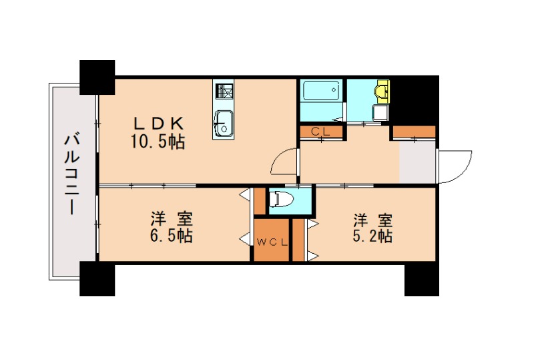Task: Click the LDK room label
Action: (159, 124)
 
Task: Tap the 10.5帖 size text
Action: (158, 142)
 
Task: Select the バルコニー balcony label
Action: (72, 174)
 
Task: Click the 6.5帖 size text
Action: (172, 235)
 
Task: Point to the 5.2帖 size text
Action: (372, 236)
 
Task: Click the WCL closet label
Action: (272, 242)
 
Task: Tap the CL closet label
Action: (321, 132)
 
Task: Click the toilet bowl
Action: (280, 199)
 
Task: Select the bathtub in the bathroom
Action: (322, 90)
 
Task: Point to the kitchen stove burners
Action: (224, 91)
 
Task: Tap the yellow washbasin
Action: (381, 90)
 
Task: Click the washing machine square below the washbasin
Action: (380, 113)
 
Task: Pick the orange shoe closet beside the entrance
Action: (414, 132)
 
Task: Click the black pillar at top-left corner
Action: (97, 77)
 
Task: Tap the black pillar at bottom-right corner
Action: (422, 279)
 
